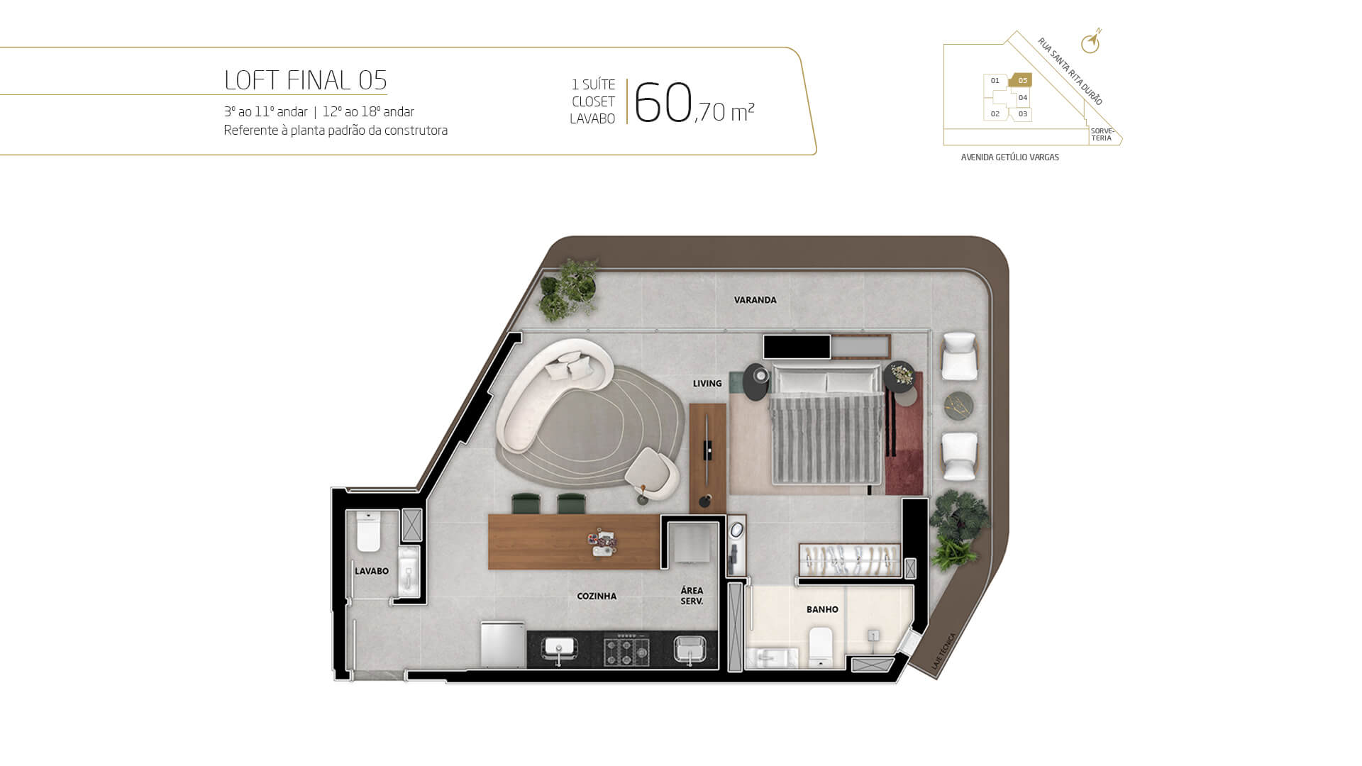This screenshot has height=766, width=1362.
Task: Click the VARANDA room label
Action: tap(755, 300)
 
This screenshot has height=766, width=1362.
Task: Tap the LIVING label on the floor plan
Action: tap(707, 384)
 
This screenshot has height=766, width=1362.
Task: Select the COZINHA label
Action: tap(597, 596)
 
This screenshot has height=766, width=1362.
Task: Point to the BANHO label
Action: tap(822, 609)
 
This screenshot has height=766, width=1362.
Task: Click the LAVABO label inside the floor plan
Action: tap(372, 571)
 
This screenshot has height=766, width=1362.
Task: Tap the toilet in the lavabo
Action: tap(368, 531)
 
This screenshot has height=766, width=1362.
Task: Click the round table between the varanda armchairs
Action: tap(958, 406)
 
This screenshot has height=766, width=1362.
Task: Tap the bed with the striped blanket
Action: tap(827, 426)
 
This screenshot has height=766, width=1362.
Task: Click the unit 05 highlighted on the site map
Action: tap(1021, 80)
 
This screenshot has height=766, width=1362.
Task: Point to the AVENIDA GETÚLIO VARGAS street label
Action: tap(1009, 157)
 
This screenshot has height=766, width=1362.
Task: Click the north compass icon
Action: tap(1091, 43)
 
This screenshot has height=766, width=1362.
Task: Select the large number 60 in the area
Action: tap(663, 103)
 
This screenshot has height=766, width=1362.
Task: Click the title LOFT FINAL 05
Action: tap(305, 80)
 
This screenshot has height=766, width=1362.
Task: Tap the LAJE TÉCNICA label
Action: tap(943, 652)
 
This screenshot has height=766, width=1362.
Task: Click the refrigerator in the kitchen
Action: tap(503, 645)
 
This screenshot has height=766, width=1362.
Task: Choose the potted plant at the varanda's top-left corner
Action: tap(567, 289)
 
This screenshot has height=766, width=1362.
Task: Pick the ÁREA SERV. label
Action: tap(692, 596)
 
